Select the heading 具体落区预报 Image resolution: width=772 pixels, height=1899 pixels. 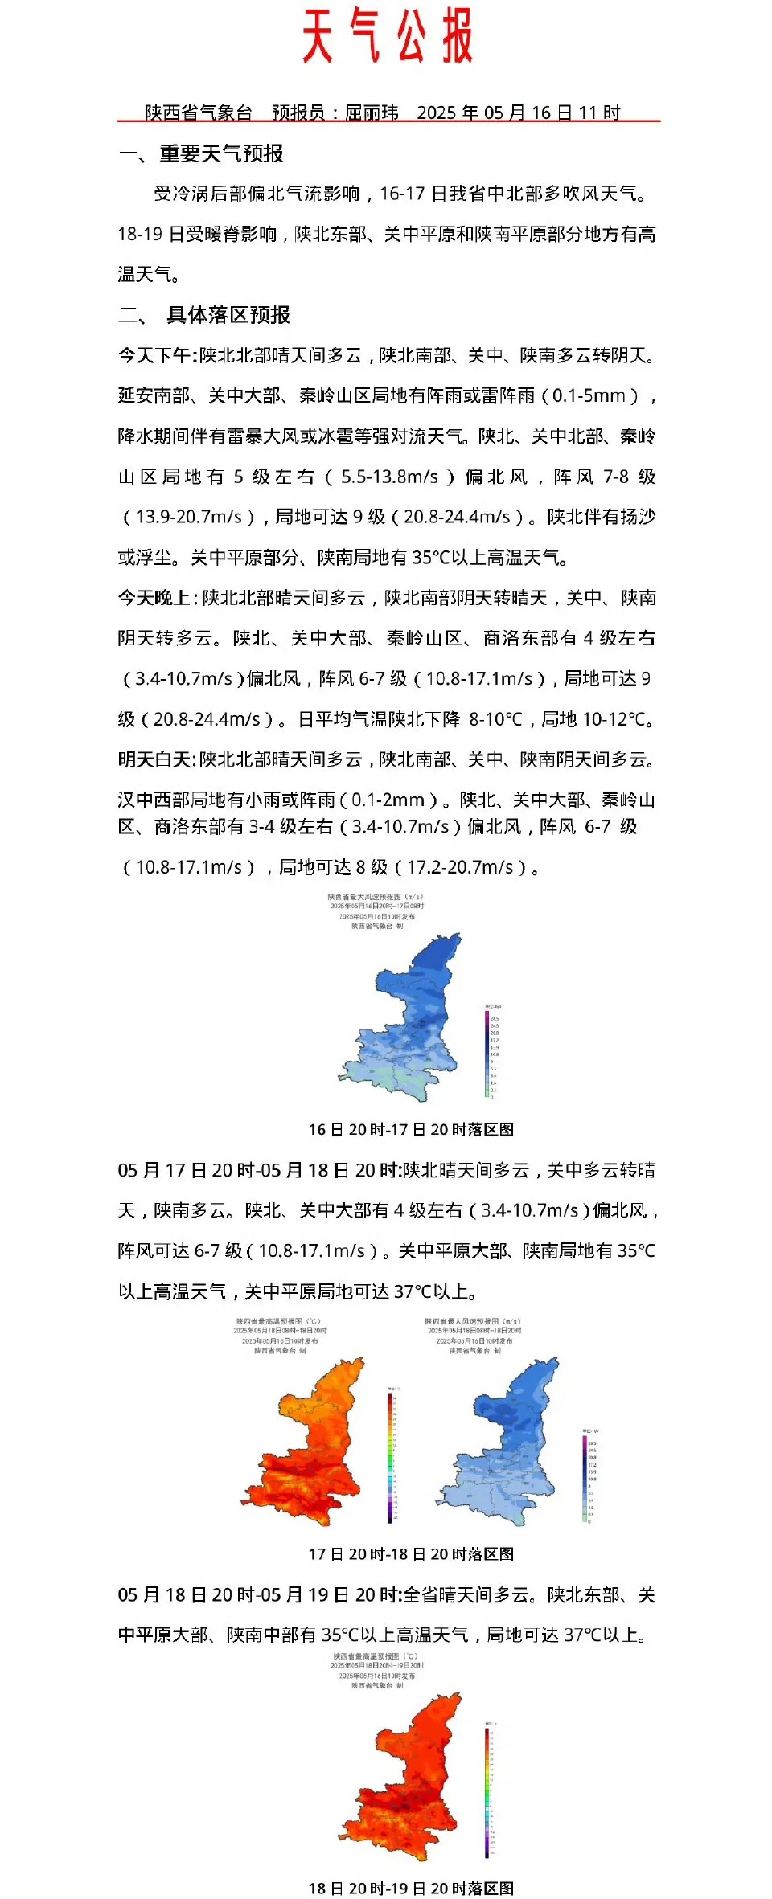228,315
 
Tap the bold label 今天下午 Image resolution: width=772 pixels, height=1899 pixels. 154,355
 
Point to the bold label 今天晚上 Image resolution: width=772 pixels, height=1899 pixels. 154,598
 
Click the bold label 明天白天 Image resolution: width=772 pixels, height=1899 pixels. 154,759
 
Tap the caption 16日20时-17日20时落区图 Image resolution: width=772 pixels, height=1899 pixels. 411,1129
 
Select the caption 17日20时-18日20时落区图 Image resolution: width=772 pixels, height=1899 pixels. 411,1554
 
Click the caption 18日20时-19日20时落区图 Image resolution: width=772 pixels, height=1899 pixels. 411,1888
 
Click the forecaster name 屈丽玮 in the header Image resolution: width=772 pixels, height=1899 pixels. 372,113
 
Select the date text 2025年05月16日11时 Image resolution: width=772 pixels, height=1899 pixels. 518,113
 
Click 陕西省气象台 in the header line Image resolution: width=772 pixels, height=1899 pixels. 198,113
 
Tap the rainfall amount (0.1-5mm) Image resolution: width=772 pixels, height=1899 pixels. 592,395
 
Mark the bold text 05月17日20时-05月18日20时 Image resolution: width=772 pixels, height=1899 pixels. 258,1170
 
